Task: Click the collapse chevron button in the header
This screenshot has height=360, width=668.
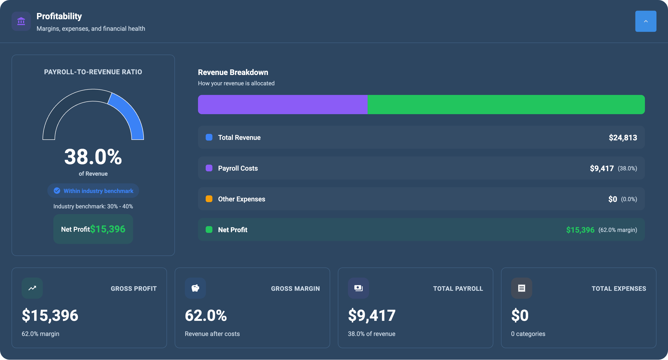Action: (645, 21)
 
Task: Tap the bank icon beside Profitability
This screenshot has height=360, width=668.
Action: (21, 21)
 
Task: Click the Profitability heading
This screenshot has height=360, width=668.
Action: (59, 16)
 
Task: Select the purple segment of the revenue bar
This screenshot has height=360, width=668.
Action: (282, 105)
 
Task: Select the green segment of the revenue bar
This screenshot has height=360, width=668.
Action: (506, 105)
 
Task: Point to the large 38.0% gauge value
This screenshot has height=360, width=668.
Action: (93, 157)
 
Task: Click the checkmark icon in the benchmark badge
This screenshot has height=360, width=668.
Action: (57, 191)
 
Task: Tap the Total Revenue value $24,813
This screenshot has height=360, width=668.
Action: (623, 137)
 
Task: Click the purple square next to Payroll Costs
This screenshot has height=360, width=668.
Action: (209, 168)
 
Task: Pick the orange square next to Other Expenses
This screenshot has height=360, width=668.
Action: (209, 199)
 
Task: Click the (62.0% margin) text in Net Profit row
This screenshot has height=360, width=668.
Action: (618, 230)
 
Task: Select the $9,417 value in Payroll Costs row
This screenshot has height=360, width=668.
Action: (602, 168)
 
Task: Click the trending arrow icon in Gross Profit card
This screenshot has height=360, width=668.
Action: (32, 288)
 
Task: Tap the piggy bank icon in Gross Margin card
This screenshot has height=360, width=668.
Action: (195, 288)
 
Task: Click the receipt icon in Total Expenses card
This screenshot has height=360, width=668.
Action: (521, 288)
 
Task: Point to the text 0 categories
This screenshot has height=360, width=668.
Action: (528, 334)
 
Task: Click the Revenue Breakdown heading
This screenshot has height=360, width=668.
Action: (233, 72)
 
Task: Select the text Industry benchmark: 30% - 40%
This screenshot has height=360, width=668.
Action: (93, 206)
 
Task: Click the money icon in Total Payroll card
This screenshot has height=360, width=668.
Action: (358, 288)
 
